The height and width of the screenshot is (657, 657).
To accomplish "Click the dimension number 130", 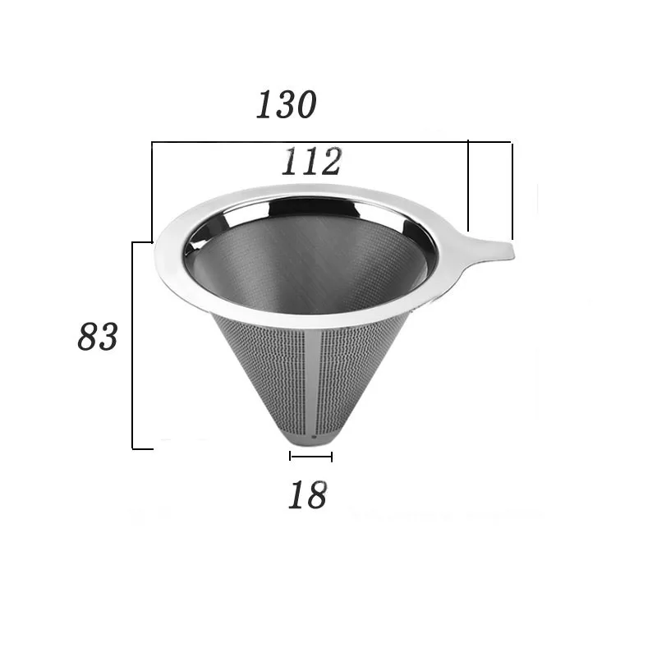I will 286,105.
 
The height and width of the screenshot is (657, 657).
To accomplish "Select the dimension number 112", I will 311,162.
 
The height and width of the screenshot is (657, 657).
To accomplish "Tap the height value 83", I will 99,337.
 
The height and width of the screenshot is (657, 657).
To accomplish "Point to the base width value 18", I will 307,495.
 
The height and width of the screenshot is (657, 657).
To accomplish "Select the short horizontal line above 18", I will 310,457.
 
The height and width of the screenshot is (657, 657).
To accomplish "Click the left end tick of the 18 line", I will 290,457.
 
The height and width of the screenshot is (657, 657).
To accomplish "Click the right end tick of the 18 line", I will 332,457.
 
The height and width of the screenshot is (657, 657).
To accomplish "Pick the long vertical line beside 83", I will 133,345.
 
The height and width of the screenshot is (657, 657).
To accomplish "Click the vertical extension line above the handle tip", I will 512,189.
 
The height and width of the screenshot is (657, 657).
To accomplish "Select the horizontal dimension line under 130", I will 328,142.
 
